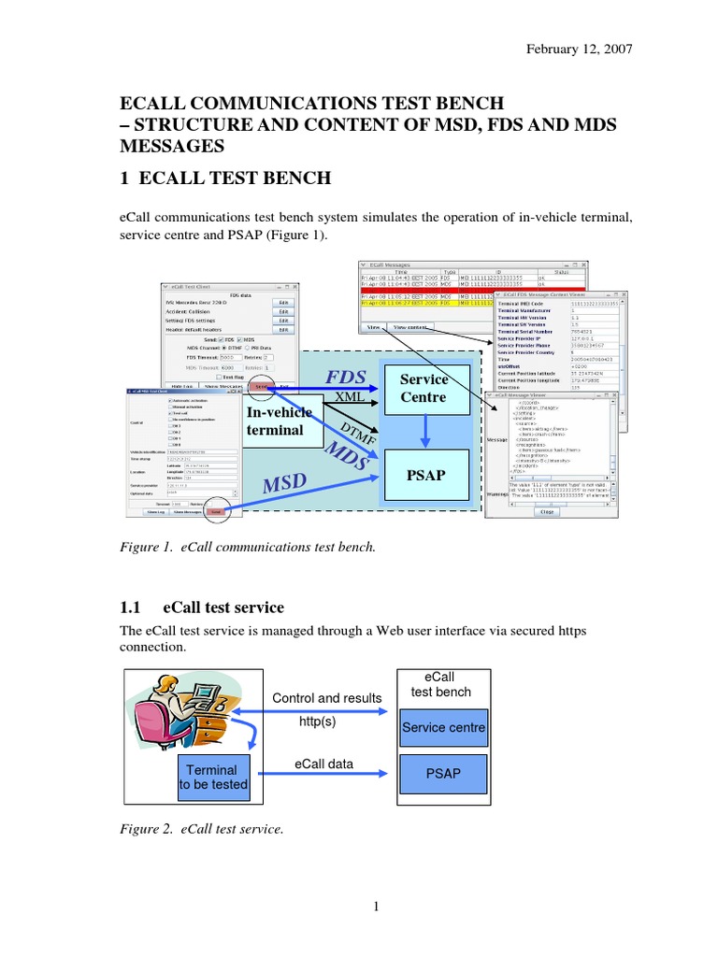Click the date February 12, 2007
[x=581, y=50]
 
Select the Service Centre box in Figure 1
[x=424, y=389]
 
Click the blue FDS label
[x=345, y=378]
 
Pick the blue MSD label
[x=284, y=483]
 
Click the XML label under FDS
[x=349, y=397]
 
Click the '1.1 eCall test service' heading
[x=203, y=607]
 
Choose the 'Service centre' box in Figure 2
[x=443, y=727]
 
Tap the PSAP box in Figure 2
[x=443, y=774]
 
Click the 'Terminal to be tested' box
[x=213, y=778]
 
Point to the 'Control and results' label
[x=326, y=698]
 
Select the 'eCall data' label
[x=323, y=764]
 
